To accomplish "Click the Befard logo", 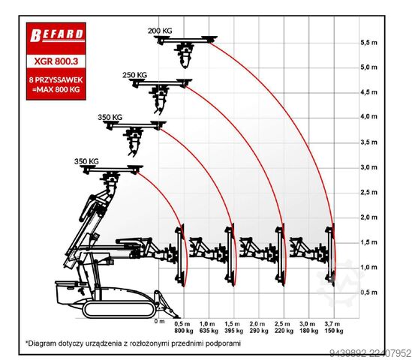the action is pos(57,35).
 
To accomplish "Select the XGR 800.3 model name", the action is pos(56,61).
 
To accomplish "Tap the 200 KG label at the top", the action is pos(160,31).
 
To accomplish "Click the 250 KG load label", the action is pos(134,75).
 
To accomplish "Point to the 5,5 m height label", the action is pos(369,43).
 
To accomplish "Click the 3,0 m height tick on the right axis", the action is pos(369,167).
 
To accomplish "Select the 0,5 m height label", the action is pos(369,292).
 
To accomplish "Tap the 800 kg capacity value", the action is pos(184,331).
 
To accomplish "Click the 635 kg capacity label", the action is pos(209,331).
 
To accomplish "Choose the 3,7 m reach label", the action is pos(332,324).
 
